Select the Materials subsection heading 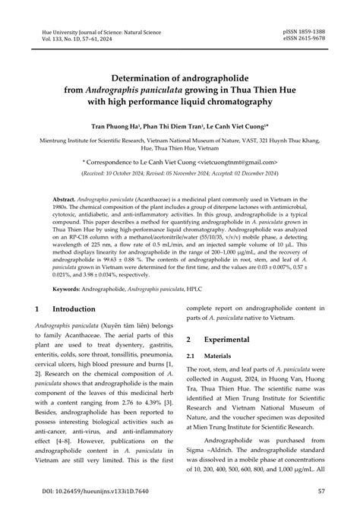223,356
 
